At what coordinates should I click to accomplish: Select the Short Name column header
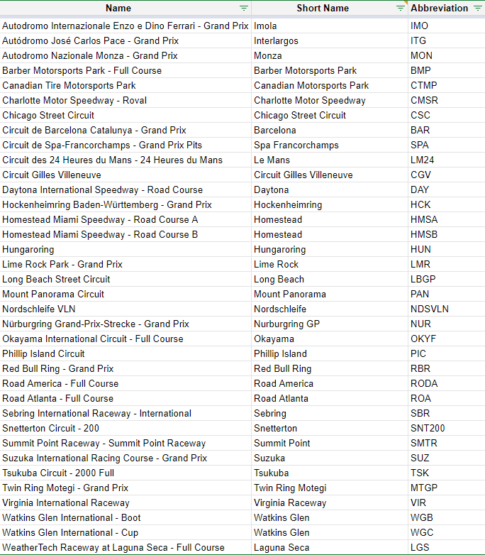point(323,8)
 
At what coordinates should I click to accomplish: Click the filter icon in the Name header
point(244,8)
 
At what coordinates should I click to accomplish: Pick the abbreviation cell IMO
point(420,26)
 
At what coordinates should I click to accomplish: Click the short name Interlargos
point(277,40)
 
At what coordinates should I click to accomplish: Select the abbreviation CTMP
point(424,85)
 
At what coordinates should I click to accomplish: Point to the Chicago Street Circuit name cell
point(48,115)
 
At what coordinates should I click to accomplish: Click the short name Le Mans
point(272,160)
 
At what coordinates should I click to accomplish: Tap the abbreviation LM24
point(422,160)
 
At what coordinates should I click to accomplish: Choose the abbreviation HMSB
point(424,234)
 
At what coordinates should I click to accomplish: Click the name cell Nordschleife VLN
point(39,309)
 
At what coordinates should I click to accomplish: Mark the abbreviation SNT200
point(427,428)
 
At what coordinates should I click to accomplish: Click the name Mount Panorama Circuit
point(53,294)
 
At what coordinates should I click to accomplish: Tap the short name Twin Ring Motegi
point(290,488)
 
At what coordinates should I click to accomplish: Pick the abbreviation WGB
point(421,517)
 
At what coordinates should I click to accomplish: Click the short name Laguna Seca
point(281,547)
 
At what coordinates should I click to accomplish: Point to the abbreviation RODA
point(424,383)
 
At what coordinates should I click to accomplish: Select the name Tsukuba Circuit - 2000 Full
point(58,473)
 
